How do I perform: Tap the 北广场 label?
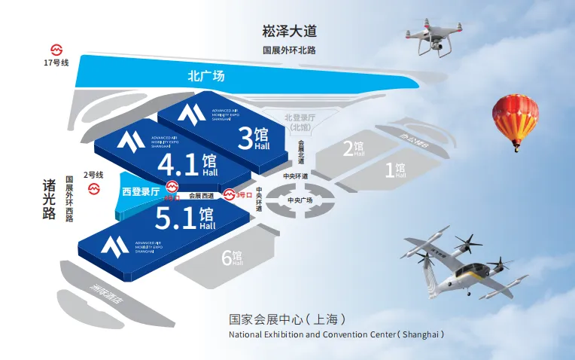coord(205,76)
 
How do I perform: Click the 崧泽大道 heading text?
coord(290,32)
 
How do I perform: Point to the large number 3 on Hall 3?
coord(245,137)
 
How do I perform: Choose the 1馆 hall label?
coord(395,170)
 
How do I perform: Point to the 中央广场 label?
coord(300,200)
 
